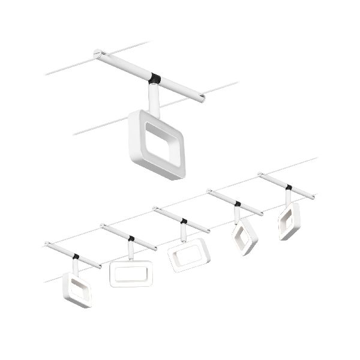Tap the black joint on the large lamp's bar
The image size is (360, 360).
coord(156,78)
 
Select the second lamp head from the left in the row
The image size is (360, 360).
coord(131,273)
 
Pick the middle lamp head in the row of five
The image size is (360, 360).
coord(188,254)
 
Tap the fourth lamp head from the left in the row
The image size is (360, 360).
coord(244,236)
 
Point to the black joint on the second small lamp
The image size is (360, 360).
coord(131,238)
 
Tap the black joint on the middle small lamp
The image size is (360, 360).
coord(183,221)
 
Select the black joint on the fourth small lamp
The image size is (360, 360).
coord(238,204)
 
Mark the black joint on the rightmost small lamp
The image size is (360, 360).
coord(289,187)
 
